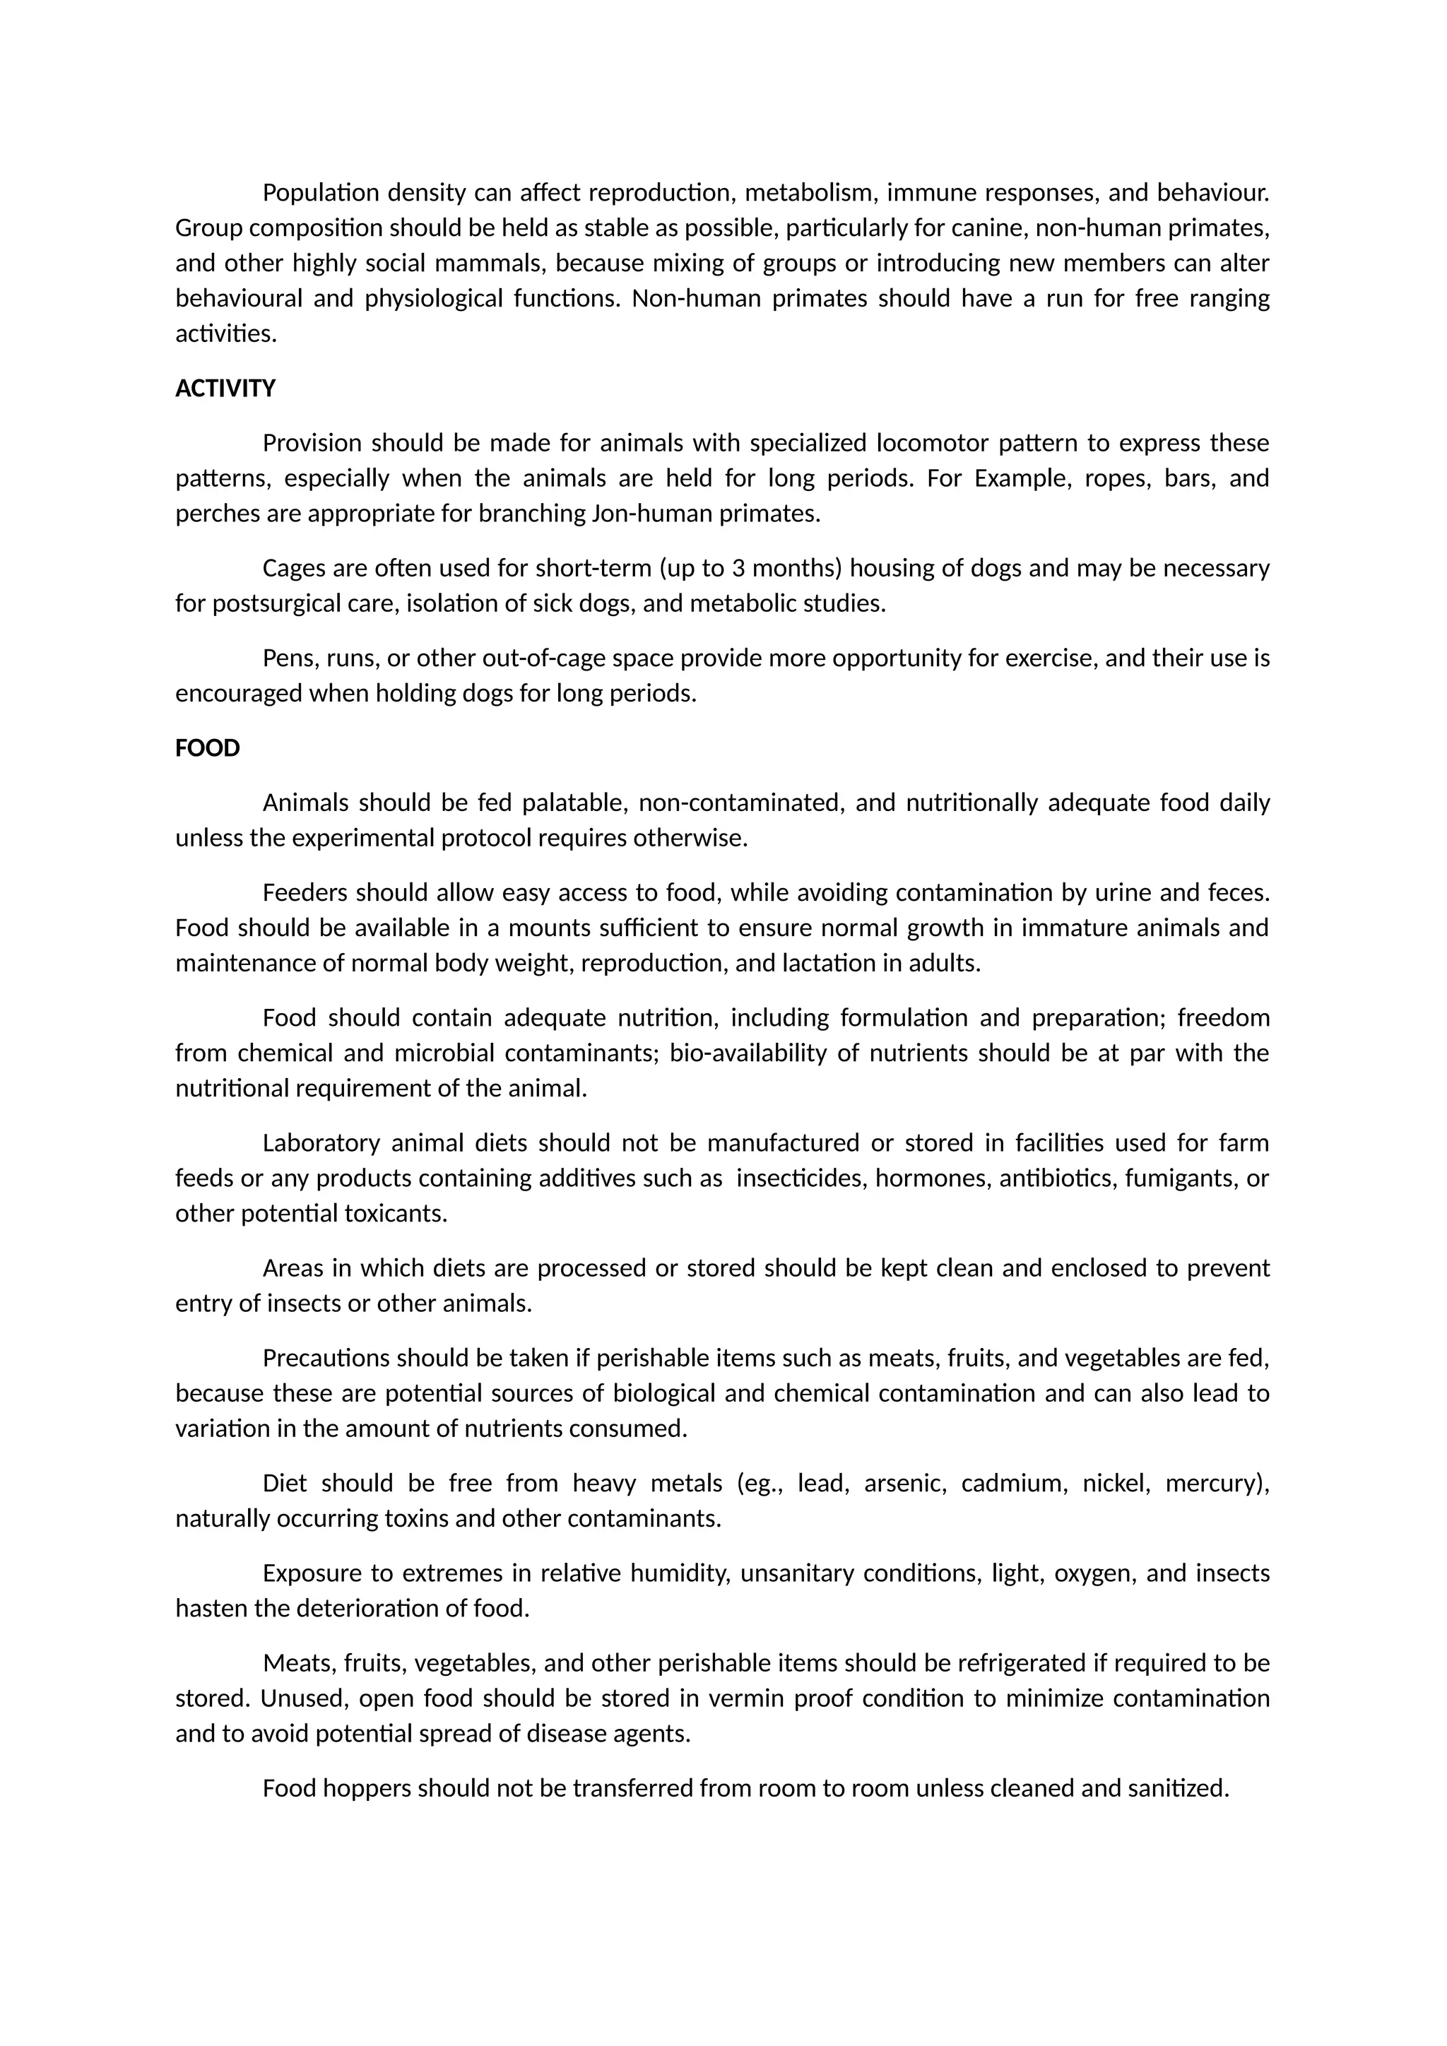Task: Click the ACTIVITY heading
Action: [225, 389]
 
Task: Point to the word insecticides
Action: [802, 1178]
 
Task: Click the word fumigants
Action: [1181, 1178]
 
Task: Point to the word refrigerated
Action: [1017, 1664]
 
